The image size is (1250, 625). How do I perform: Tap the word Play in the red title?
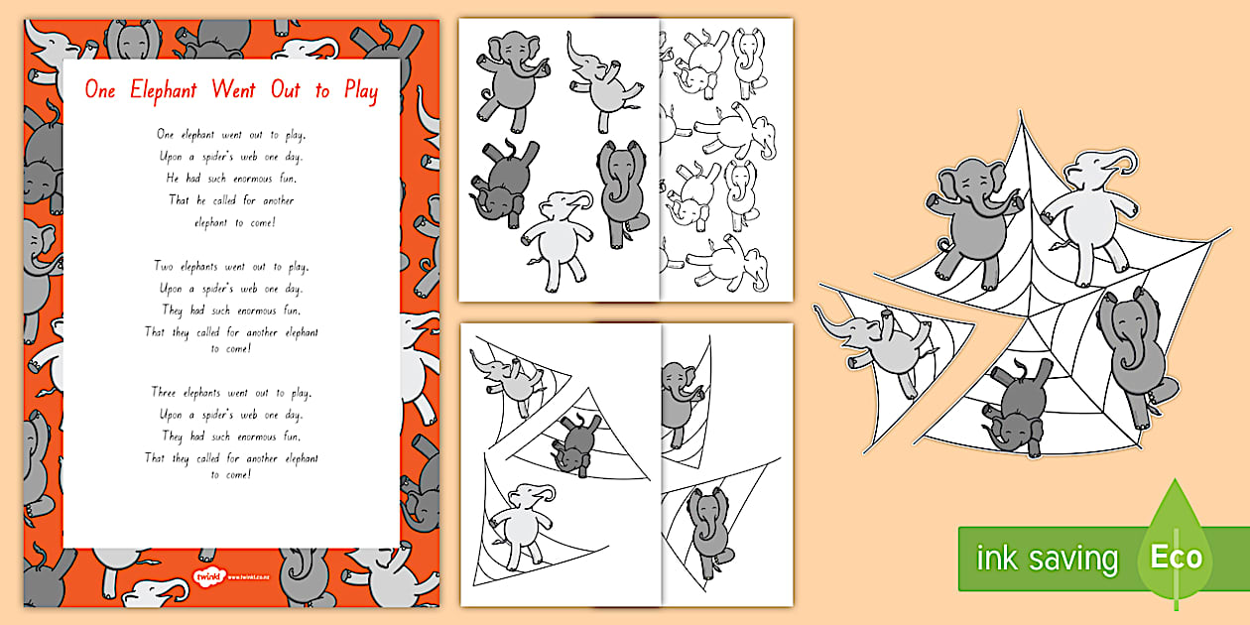[358, 92]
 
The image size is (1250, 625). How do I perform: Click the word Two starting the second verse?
[165, 266]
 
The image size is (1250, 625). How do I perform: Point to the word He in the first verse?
[166, 178]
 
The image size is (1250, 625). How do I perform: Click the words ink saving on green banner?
[1047, 559]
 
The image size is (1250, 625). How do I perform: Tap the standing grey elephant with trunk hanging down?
[622, 187]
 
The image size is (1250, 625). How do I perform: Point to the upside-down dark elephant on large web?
[1017, 408]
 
